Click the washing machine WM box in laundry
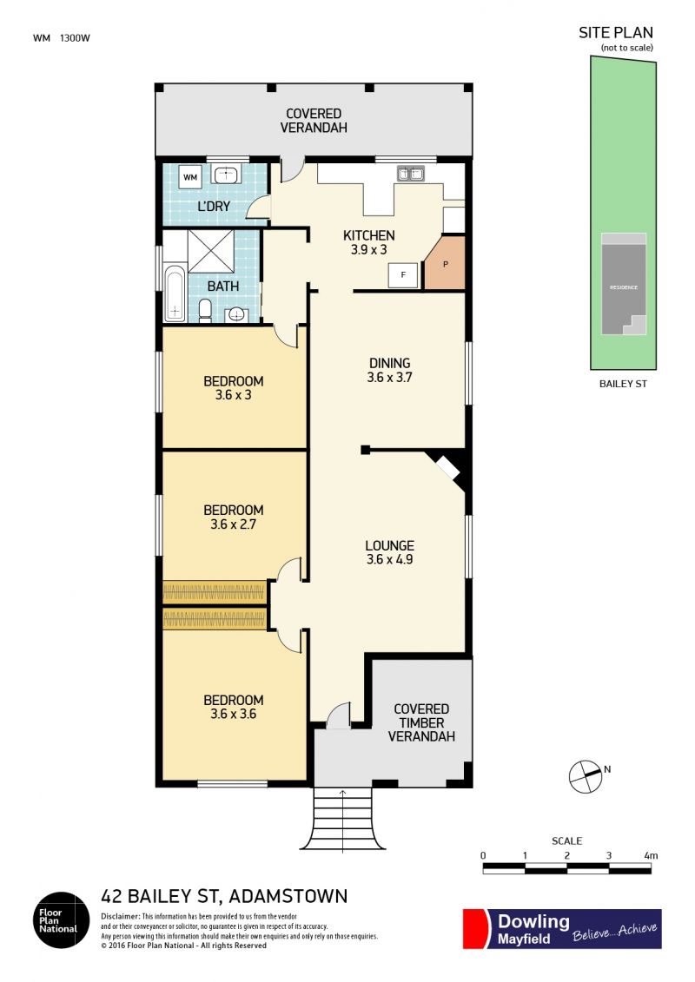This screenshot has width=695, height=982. pyautogui.click(x=190, y=177)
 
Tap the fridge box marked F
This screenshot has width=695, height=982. pyautogui.click(x=403, y=275)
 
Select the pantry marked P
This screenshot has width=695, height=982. pyautogui.click(x=445, y=263)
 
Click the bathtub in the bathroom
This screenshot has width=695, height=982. pyautogui.click(x=175, y=293)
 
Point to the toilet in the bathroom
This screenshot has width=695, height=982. pyautogui.click(x=205, y=311)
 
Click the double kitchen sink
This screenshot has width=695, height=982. pyautogui.click(x=410, y=174)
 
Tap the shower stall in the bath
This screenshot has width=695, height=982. pyautogui.click(x=210, y=251)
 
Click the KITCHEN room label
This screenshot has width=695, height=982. pyautogui.click(x=369, y=235)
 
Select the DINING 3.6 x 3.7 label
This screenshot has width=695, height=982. pyautogui.click(x=390, y=370)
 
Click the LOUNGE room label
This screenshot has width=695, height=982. pyautogui.click(x=390, y=545)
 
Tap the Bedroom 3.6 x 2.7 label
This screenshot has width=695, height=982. pyautogui.click(x=233, y=517)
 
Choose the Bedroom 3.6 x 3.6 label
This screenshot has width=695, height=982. pyautogui.click(x=233, y=707)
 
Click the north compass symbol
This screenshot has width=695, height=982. pyautogui.click(x=586, y=776)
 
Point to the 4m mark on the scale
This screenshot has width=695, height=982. pyautogui.click(x=651, y=855)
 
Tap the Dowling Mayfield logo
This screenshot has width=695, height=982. pyautogui.click(x=562, y=929)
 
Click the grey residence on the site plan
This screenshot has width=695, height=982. pyautogui.click(x=624, y=284)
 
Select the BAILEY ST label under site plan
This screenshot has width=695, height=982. pyautogui.click(x=623, y=384)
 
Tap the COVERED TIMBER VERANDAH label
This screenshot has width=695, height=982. pyautogui.click(x=421, y=722)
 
